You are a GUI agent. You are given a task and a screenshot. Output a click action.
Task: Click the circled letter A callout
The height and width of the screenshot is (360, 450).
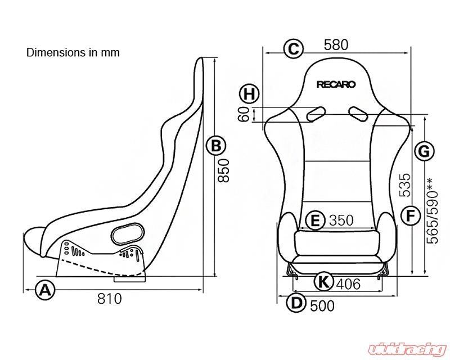click(x=46, y=291)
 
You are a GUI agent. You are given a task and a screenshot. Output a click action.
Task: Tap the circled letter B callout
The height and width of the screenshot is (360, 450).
click(x=215, y=146)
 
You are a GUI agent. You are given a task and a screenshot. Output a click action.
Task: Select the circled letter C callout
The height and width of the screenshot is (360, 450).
click(x=292, y=48)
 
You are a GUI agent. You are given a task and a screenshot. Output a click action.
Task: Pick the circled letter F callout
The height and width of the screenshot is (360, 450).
click(x=411, y=214)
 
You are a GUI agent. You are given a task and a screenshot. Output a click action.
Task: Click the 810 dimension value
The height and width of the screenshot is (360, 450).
click(x=110, y=299)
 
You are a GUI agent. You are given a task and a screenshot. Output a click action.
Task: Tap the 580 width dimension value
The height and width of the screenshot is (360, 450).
click(x=336, y=44)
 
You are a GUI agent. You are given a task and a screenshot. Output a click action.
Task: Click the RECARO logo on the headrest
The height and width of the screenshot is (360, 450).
click(x=336, y=85)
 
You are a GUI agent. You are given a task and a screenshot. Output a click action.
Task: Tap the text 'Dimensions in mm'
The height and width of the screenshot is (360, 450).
click(x=73, y=52)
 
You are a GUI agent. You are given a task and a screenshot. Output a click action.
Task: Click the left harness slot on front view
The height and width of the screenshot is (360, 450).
click(x=315, y=114)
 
